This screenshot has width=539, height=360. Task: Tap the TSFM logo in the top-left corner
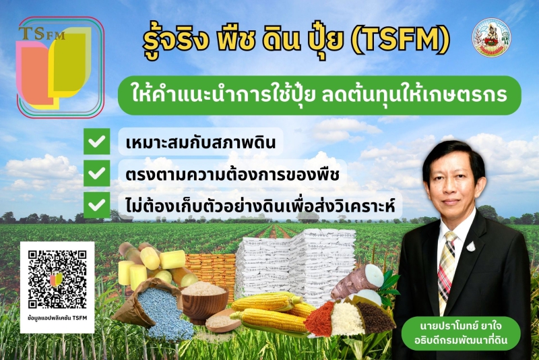60,67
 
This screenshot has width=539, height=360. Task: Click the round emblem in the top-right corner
491,38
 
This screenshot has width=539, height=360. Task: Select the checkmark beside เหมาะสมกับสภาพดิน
98,142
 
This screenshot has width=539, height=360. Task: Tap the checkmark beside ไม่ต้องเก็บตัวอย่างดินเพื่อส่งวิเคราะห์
98,203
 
